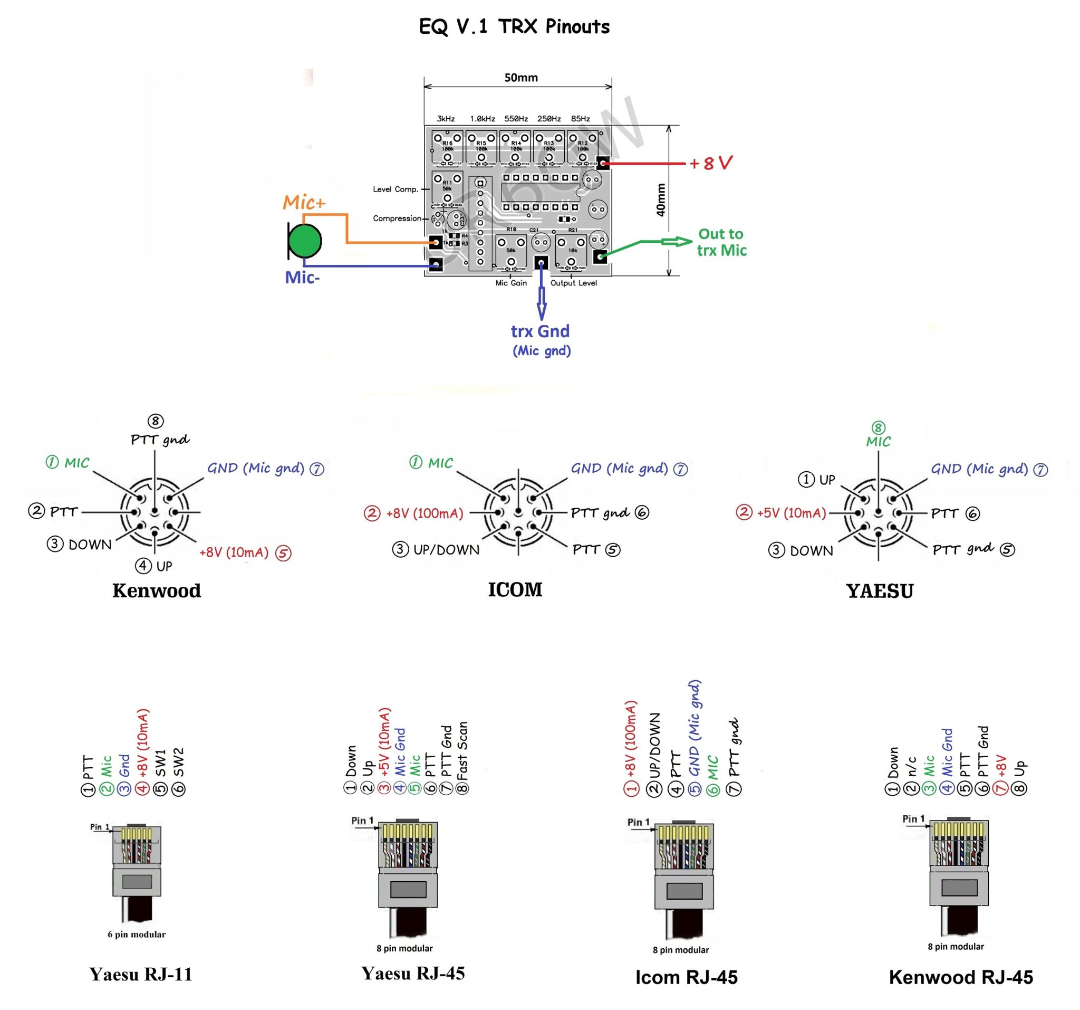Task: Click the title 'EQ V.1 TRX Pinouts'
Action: tap(514, 26)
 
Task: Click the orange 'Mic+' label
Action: tap(304, 203)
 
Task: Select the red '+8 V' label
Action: tap(710, 163)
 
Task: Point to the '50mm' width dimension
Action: tap(520, 78)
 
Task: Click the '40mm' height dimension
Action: tap(661, 200)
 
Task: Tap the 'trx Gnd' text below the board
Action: tap(540, 331)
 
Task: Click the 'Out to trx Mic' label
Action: tap(721, 242)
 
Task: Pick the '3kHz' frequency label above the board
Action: tap(446, 119)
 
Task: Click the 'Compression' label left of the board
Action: tap(397, 218)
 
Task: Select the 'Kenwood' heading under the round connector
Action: tap(157, 590)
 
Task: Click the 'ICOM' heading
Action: tap(515, 590)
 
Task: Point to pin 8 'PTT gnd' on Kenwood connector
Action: tap(160, 439)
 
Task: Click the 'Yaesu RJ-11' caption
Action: tap(141, 974)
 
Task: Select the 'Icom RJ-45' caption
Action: tap(686, 977)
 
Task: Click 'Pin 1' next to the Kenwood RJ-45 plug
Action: tap(913, 818)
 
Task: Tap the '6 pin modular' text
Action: tap(137, 935)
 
